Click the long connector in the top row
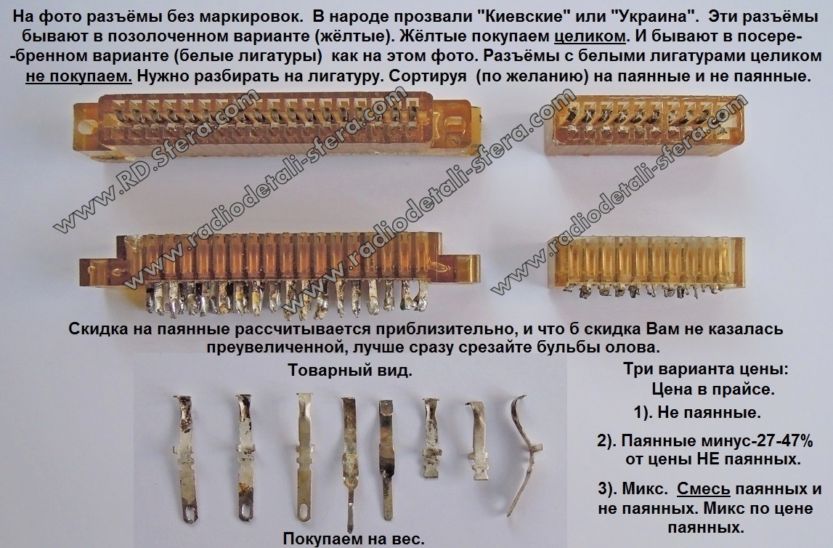click(x=276, y=128)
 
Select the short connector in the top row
click(x=644, y=126)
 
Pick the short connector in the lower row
click(x=646, y=265)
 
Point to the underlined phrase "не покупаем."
click(x=78, y=76)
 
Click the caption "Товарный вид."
click(x=349, y=370)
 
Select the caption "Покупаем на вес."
click(x=354, y=539)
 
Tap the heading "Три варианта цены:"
click(x=705, y=369)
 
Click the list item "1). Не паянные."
click(x=697, y=412)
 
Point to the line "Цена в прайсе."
click(x=713, y=389)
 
